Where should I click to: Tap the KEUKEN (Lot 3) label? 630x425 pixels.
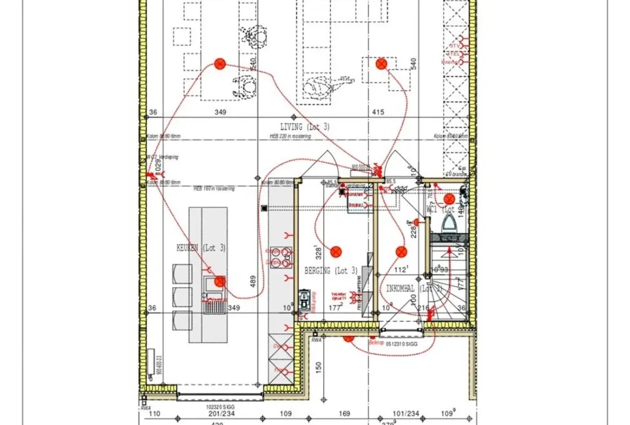[201, 248]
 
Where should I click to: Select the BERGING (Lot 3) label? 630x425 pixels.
[331, 270]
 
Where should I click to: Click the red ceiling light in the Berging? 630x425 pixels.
[336, 252]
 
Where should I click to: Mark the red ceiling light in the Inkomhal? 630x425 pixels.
[401, 252]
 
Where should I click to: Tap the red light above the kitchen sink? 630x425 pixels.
[220, 282]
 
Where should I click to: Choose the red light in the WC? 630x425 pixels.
[449, 199]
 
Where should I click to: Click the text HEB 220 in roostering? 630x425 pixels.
[290, 136]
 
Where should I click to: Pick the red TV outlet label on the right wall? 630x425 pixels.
[455, 46]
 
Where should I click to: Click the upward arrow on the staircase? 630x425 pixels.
[449, 251]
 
